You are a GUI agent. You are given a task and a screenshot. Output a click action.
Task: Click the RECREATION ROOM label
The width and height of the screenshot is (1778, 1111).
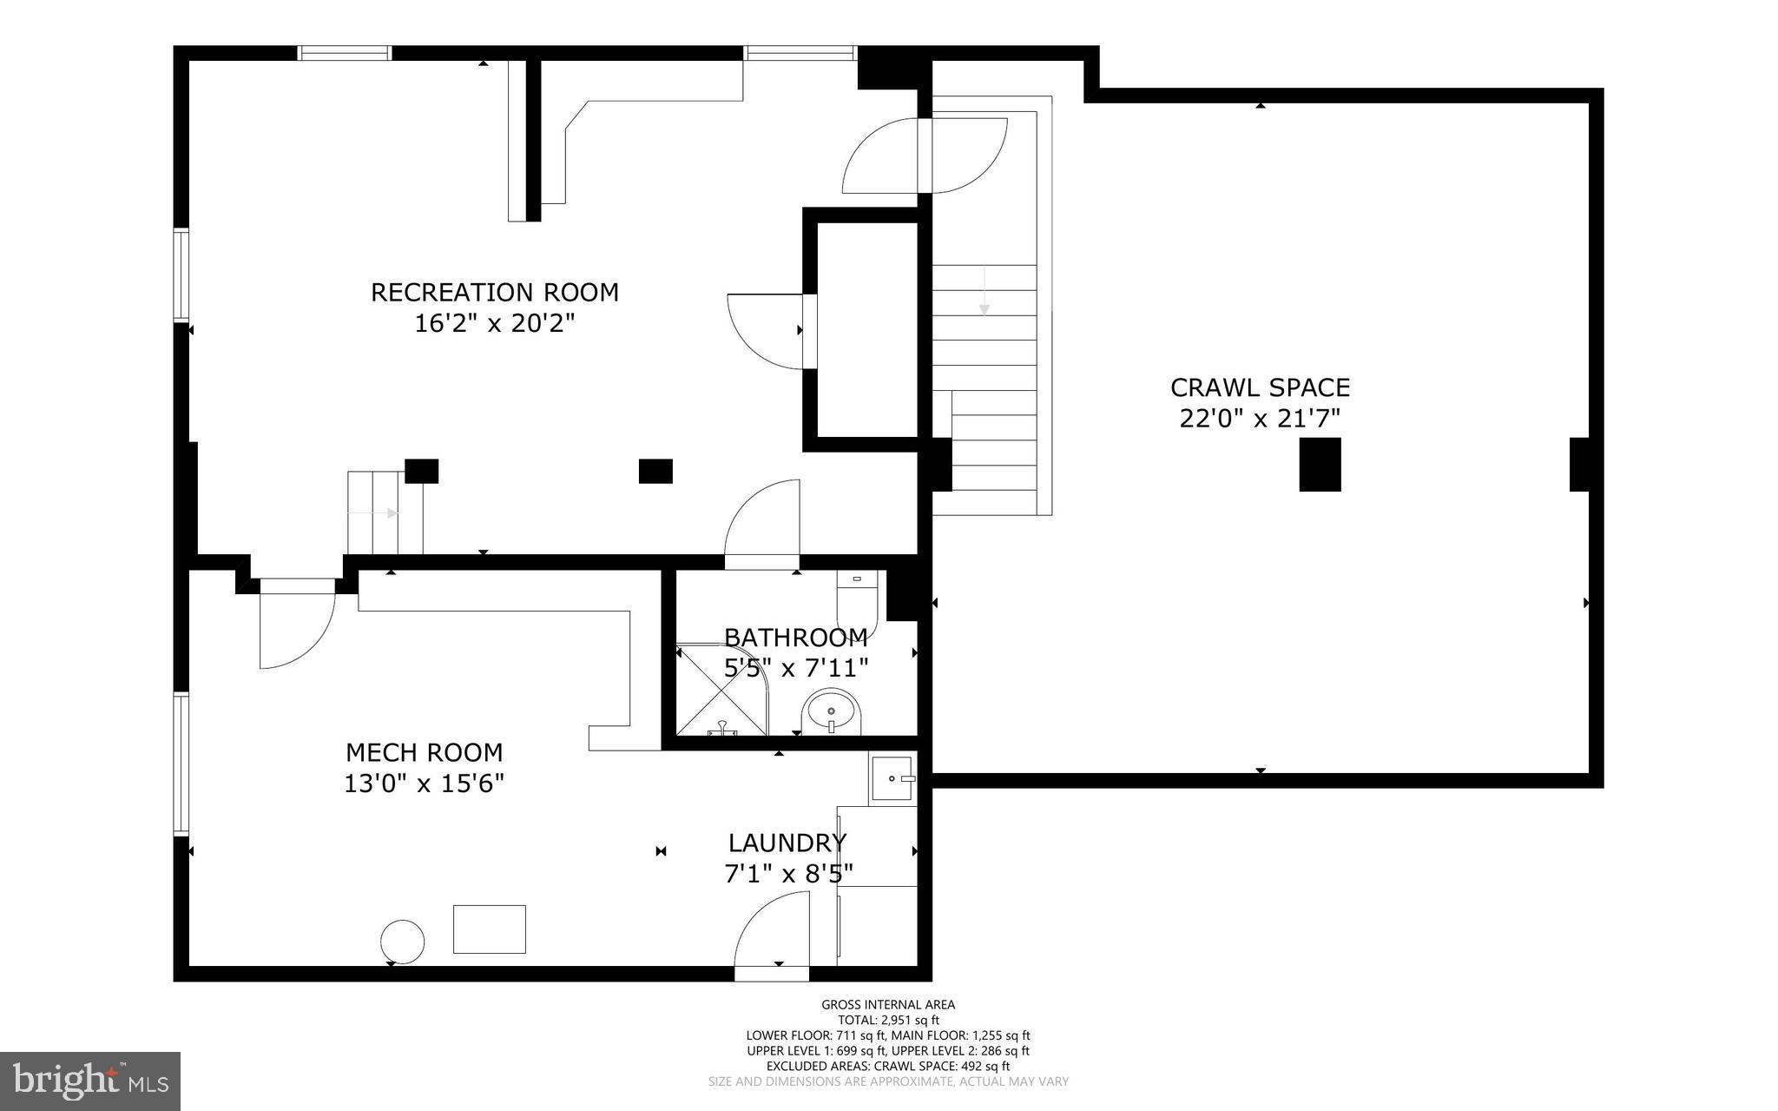pos(495,292)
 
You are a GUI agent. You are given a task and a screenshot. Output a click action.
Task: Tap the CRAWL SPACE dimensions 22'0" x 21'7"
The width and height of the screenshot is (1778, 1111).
pos(1260,419)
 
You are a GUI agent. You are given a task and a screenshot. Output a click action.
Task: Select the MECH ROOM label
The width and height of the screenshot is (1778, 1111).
pos(424,752)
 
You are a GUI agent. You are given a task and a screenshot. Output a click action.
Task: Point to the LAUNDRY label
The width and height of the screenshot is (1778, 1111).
pos(787,843)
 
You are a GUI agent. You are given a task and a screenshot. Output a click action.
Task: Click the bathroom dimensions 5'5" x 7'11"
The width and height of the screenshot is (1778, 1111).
pos(796,668)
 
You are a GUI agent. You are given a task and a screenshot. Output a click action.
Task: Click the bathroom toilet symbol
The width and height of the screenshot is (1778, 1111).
pos(858,599)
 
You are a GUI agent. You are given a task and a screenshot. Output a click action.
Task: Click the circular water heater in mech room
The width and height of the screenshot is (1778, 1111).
pos(403,942)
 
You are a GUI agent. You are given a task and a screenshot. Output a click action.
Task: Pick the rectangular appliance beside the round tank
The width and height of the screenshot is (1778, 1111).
pos(489,929)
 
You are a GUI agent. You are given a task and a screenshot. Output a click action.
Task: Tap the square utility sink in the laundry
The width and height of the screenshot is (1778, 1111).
pos(892,779)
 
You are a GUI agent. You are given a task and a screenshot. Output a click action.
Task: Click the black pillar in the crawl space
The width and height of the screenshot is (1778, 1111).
pos(1320,465)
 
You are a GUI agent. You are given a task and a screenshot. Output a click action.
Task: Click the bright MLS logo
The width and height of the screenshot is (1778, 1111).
pos(90,1081)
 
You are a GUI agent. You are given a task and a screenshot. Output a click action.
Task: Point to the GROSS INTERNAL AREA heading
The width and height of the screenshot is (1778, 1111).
pos(888,1005)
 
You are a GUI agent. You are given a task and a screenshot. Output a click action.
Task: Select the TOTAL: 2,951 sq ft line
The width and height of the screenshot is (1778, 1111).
pos(888,1020)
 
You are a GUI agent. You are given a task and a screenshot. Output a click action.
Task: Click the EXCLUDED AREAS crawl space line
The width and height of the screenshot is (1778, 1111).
pos(888,1066)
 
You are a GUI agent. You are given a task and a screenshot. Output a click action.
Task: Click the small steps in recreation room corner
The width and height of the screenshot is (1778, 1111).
pos(385,513)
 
